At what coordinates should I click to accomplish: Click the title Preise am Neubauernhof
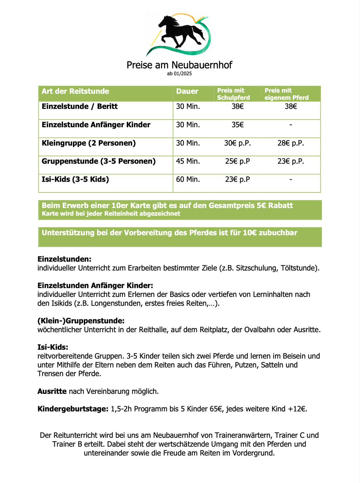(x=179, y=65)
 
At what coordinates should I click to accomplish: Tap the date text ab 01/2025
(x=179, y=74)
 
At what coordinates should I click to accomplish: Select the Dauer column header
(x=187, y=91)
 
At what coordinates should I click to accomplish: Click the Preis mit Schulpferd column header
(x=233, y=94)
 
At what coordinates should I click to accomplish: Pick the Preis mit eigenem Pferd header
(x=286, y=94)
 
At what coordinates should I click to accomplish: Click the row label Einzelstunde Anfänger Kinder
(x=96, y=125)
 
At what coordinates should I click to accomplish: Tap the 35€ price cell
(x=237, y=125)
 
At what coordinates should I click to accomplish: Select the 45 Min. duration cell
(x=188, y=161)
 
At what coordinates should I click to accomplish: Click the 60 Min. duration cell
(x=188, y=179)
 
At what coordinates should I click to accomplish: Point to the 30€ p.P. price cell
(x=237, y=143)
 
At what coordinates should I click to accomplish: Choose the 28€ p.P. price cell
(x=291, y=143)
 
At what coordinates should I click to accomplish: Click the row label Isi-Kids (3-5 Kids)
(x=75, y=179)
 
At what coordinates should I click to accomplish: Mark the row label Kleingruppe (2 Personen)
(x=89, y=143)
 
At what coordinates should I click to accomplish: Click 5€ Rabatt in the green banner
(x=275, y=206)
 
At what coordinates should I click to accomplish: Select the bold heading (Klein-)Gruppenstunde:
(x=81, y=321)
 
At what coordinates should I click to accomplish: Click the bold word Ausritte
(x=52, y=391)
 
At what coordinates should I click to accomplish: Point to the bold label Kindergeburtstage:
(x=73, y=409)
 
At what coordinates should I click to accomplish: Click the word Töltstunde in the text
(x=298, y=268)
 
